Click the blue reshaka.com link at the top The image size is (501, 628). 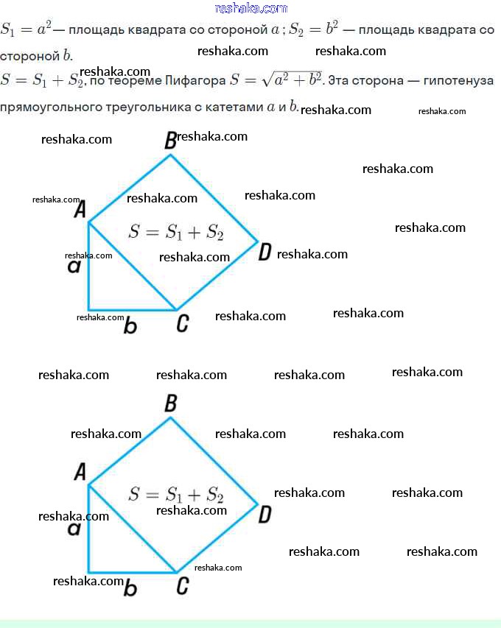tap(251, 8)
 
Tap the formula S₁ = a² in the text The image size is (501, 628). tap(27, 30)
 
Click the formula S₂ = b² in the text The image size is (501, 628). tap(314, 30)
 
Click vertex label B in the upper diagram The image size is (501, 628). tap(170, 140)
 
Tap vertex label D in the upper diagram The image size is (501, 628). tap(264, 253)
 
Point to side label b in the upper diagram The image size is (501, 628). tap(130, 325)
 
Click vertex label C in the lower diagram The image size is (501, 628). tap(183, 586)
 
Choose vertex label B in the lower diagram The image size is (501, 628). tap(170, 403)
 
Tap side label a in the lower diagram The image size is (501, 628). tap(74, 529)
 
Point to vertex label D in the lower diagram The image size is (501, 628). tap(264, 515)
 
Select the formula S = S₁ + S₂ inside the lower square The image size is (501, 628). tap(175, 494)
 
